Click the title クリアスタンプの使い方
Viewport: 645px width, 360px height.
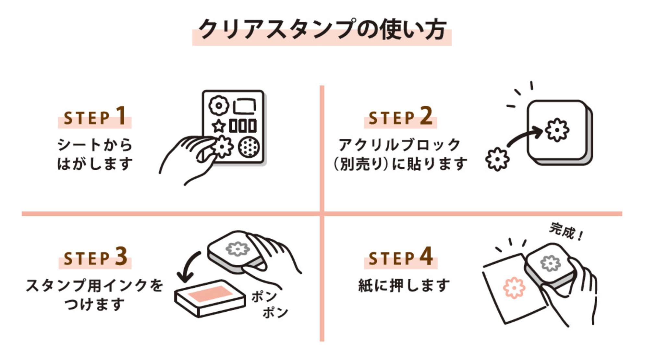(x=322, y=30)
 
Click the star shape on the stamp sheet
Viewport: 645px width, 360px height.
(x=219, y=126)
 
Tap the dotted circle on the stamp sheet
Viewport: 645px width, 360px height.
(x=249, y=147)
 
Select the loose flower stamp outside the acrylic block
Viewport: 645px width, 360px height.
(x=497, y=159)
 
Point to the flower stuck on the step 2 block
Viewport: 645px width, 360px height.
(x=557, y=130)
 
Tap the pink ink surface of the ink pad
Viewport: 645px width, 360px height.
(x=210, y=294)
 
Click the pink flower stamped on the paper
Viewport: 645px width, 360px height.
(x=514, y=288)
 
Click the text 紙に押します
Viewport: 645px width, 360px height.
(x=404, y=286)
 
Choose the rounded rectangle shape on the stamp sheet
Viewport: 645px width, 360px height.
(x=244, y=106)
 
